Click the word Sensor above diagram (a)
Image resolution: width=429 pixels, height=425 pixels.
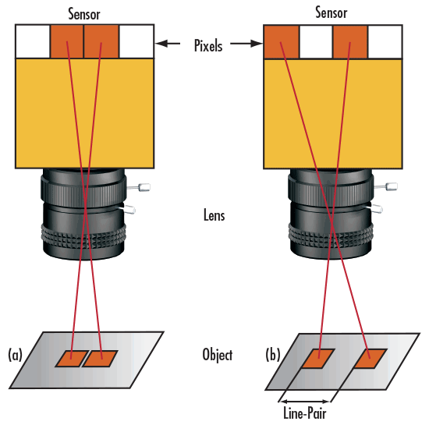(83, 13)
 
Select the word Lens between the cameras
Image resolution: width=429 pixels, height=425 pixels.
(212, 216)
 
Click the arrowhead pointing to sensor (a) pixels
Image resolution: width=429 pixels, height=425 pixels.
(160, 44)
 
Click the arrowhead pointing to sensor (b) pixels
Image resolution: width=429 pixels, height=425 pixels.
(258, 44)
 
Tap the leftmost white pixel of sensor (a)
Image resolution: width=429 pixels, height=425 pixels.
(33, 41)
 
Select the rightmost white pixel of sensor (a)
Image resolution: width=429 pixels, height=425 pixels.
(136, 41)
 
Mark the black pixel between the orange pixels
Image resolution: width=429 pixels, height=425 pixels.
(316, 41)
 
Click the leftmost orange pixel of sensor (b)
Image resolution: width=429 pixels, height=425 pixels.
(282, 41)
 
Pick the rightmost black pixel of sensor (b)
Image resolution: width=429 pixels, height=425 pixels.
(385, 41)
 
